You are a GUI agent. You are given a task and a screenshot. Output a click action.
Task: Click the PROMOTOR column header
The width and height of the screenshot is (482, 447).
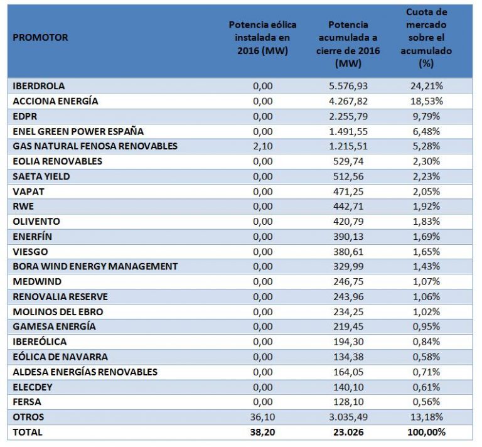click(x=40, y=38)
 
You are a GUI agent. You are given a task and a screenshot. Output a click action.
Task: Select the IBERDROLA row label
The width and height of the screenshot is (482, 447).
click(x=39, y=86)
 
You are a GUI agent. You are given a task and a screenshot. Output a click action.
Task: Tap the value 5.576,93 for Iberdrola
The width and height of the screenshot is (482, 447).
click(x=348, y=86)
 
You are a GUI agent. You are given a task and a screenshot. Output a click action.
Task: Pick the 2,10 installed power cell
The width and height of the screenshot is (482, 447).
click(x=262, y=146)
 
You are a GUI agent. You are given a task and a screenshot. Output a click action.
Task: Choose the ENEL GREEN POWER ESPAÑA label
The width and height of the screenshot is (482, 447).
click(x=78, y=131)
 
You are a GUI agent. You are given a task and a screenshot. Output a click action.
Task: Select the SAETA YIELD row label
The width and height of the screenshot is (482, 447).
click(x=41, y=176)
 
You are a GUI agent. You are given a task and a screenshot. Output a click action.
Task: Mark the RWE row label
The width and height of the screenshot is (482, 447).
click(x=23, y=206)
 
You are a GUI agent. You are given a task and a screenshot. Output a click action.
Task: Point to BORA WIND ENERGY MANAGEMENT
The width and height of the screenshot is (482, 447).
click(x=95, y=266)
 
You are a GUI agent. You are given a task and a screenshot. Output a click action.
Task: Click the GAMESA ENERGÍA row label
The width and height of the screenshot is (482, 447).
click(x=55, y=326)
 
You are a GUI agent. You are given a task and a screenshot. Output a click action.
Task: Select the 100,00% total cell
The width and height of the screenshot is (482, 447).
click(x=427, y=432)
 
